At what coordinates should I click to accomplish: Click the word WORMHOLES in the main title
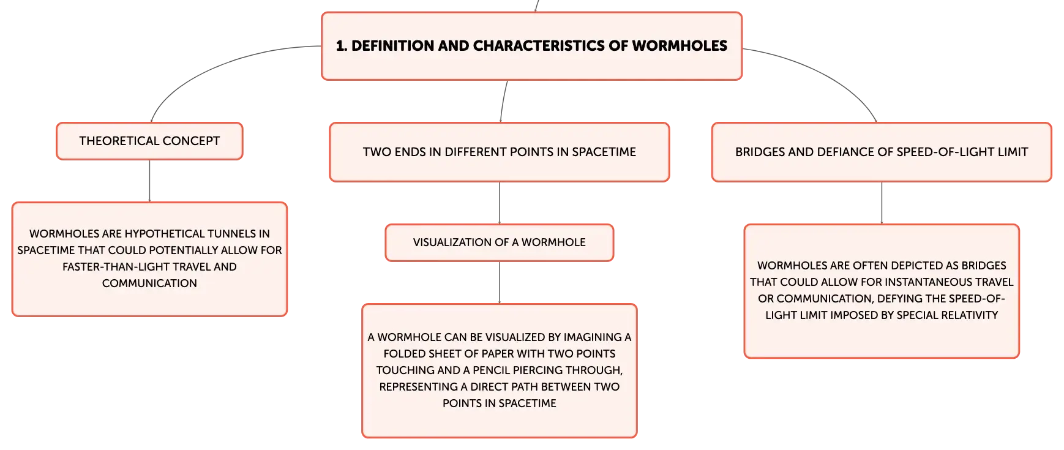coord(680,46)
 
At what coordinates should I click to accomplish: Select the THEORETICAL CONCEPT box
coord(149,141)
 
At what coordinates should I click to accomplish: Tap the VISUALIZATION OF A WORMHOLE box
coord(500,242)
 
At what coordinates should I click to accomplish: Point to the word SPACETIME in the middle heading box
coord(604,152)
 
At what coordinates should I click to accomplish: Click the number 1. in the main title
coord(342,46)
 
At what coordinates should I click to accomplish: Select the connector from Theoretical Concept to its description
coord(149,181)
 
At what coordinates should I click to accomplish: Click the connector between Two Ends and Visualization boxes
coord(500,203)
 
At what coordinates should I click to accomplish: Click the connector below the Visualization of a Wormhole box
coord(500,283)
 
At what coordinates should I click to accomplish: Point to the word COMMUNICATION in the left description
coord(149,283)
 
